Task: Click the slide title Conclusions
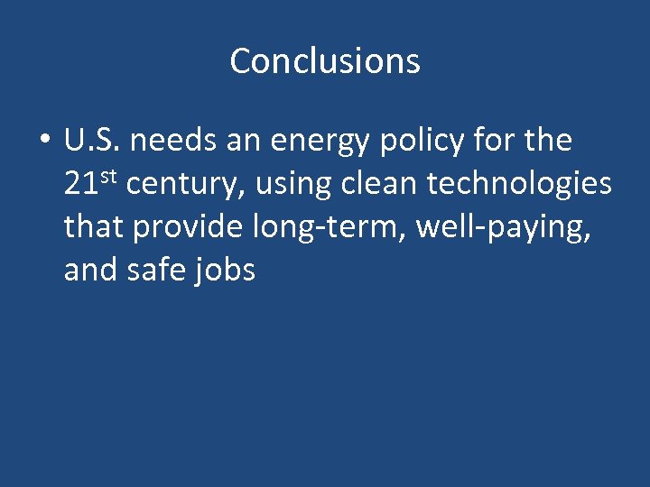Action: [x=325, y=61]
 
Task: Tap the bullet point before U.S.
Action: [x=43, y=142]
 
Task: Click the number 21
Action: [x=80, y=184]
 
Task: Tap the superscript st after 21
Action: [x=107, y=176]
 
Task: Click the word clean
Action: [x=380, y=184]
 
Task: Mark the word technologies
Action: [x=520, y=185]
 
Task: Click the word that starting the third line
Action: [x=95, y=226]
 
